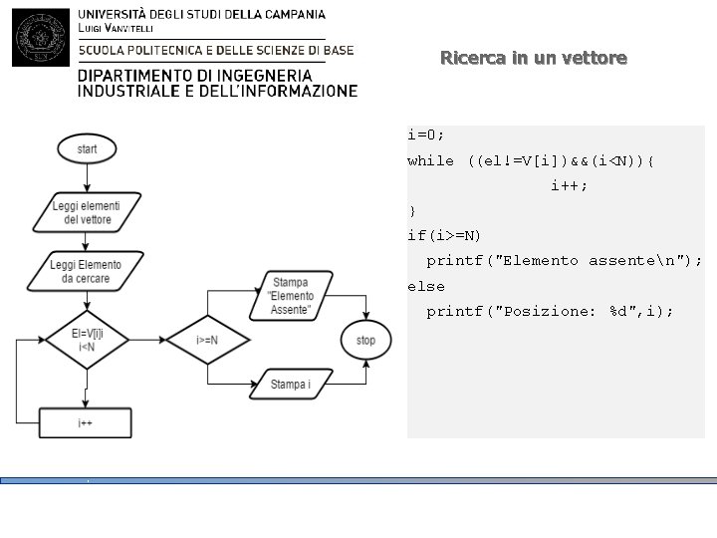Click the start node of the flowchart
(87, 148)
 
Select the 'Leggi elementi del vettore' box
(87, 212)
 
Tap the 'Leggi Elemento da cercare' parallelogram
(87, 271)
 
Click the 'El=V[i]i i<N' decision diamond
(86, 340)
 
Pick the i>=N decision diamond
(206, 341)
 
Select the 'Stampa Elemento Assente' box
(291, 296)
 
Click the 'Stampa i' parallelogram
(289, 384)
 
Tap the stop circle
(365, 341)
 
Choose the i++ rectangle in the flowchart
(86, 423)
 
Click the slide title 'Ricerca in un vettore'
(534, 59)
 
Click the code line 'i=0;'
(426, 134)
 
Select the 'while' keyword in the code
(430, 160)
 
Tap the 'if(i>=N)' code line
(444, 235)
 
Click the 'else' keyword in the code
(426, 286)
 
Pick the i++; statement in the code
(569, 185)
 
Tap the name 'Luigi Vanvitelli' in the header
(116, 28)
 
